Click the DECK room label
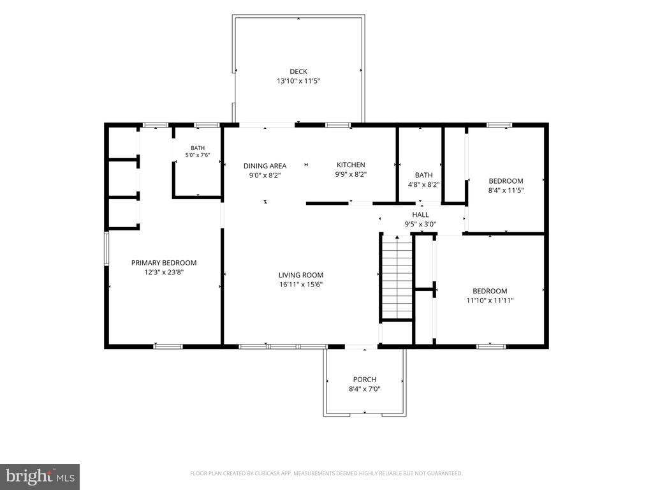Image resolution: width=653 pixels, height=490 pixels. tap(298, 71)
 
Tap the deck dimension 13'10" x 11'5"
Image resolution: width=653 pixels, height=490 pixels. tap(298, 81)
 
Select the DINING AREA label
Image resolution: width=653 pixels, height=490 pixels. tap(265, 166)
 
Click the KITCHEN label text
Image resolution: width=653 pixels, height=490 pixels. tap(351, 165)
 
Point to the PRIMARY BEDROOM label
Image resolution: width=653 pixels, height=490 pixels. tap(164, 263)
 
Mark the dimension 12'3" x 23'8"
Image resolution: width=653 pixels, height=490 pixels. tap(164, 272)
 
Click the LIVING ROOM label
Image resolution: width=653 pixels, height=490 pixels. tap(301, 275)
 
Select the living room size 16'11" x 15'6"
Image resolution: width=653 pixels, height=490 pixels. tap(301, 285)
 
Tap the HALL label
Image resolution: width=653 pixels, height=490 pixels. tap(420, 215)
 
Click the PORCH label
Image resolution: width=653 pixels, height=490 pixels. tap(364, 380)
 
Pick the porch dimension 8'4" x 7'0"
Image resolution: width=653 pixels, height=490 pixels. tap(364, 389)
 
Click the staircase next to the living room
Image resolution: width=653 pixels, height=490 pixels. tap(397, 277)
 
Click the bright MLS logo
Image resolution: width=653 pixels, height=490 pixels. tap(40, 477)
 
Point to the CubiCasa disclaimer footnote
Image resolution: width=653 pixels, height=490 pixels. tap(326, 473)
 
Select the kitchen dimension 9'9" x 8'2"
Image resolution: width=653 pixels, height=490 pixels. tap(351, 175)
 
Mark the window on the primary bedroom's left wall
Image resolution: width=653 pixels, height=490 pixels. tap(106, 249)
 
